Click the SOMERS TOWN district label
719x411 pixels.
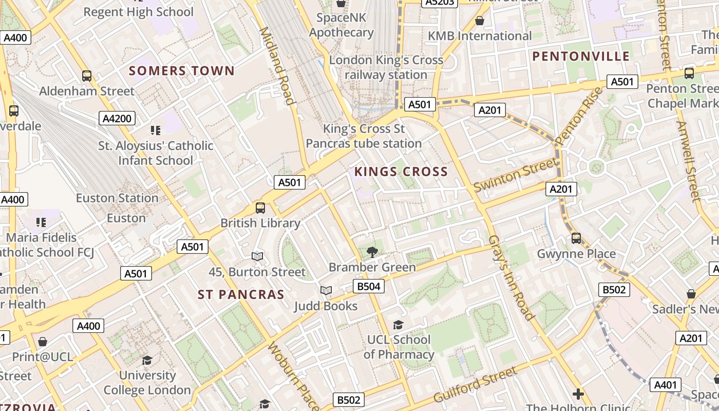coord(181,71)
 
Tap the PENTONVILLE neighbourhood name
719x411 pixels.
coord(581,57)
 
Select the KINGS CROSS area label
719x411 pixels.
coord(401,172)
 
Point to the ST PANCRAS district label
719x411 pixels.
coord(241,294)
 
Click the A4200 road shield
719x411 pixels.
coord(117,119)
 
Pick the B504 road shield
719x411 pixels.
coord(369,286)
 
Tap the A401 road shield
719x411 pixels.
coord(666,385)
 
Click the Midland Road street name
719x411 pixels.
coord(277,65)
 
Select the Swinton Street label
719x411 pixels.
coord(515,175)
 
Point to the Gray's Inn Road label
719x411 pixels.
coord(508,278)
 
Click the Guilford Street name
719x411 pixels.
coord(475,385)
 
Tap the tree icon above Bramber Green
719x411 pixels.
coord(372,252)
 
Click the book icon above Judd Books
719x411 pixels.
coord(326,291)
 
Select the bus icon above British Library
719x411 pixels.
coord(260,208)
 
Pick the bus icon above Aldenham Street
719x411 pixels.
coord(87,76)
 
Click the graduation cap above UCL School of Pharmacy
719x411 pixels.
coord(398,325)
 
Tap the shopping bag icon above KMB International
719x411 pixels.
coord(479,21)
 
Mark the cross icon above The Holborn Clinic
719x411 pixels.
coord(578,394)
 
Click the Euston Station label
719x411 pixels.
coord(117,198)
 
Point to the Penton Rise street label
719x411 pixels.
coord(579,117)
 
